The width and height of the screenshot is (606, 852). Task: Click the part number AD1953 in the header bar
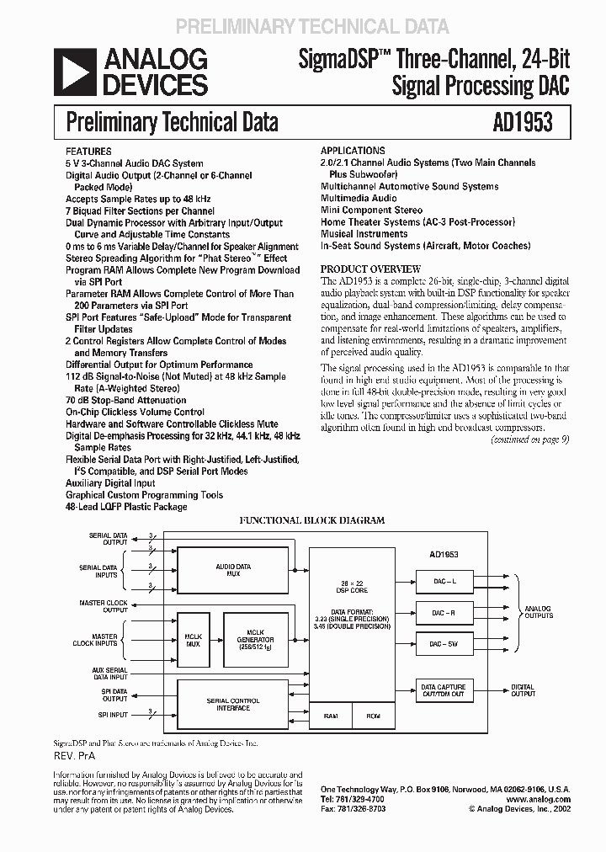[523, 122]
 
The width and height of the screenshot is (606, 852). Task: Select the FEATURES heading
[88, 151]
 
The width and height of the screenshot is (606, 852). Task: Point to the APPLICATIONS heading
[353, 151]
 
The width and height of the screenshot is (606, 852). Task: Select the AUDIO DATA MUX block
[232, 572]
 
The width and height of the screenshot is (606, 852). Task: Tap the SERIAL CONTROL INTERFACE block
[233, 704]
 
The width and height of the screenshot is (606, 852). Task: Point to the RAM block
[331, 716]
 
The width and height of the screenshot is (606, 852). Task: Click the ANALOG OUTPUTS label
[539, 611]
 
